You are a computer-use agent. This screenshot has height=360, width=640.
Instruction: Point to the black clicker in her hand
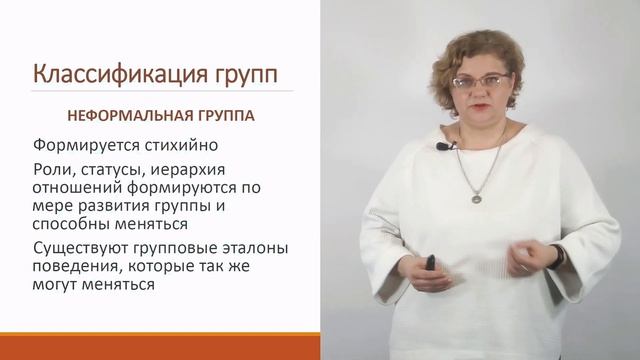click(431, 264)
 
